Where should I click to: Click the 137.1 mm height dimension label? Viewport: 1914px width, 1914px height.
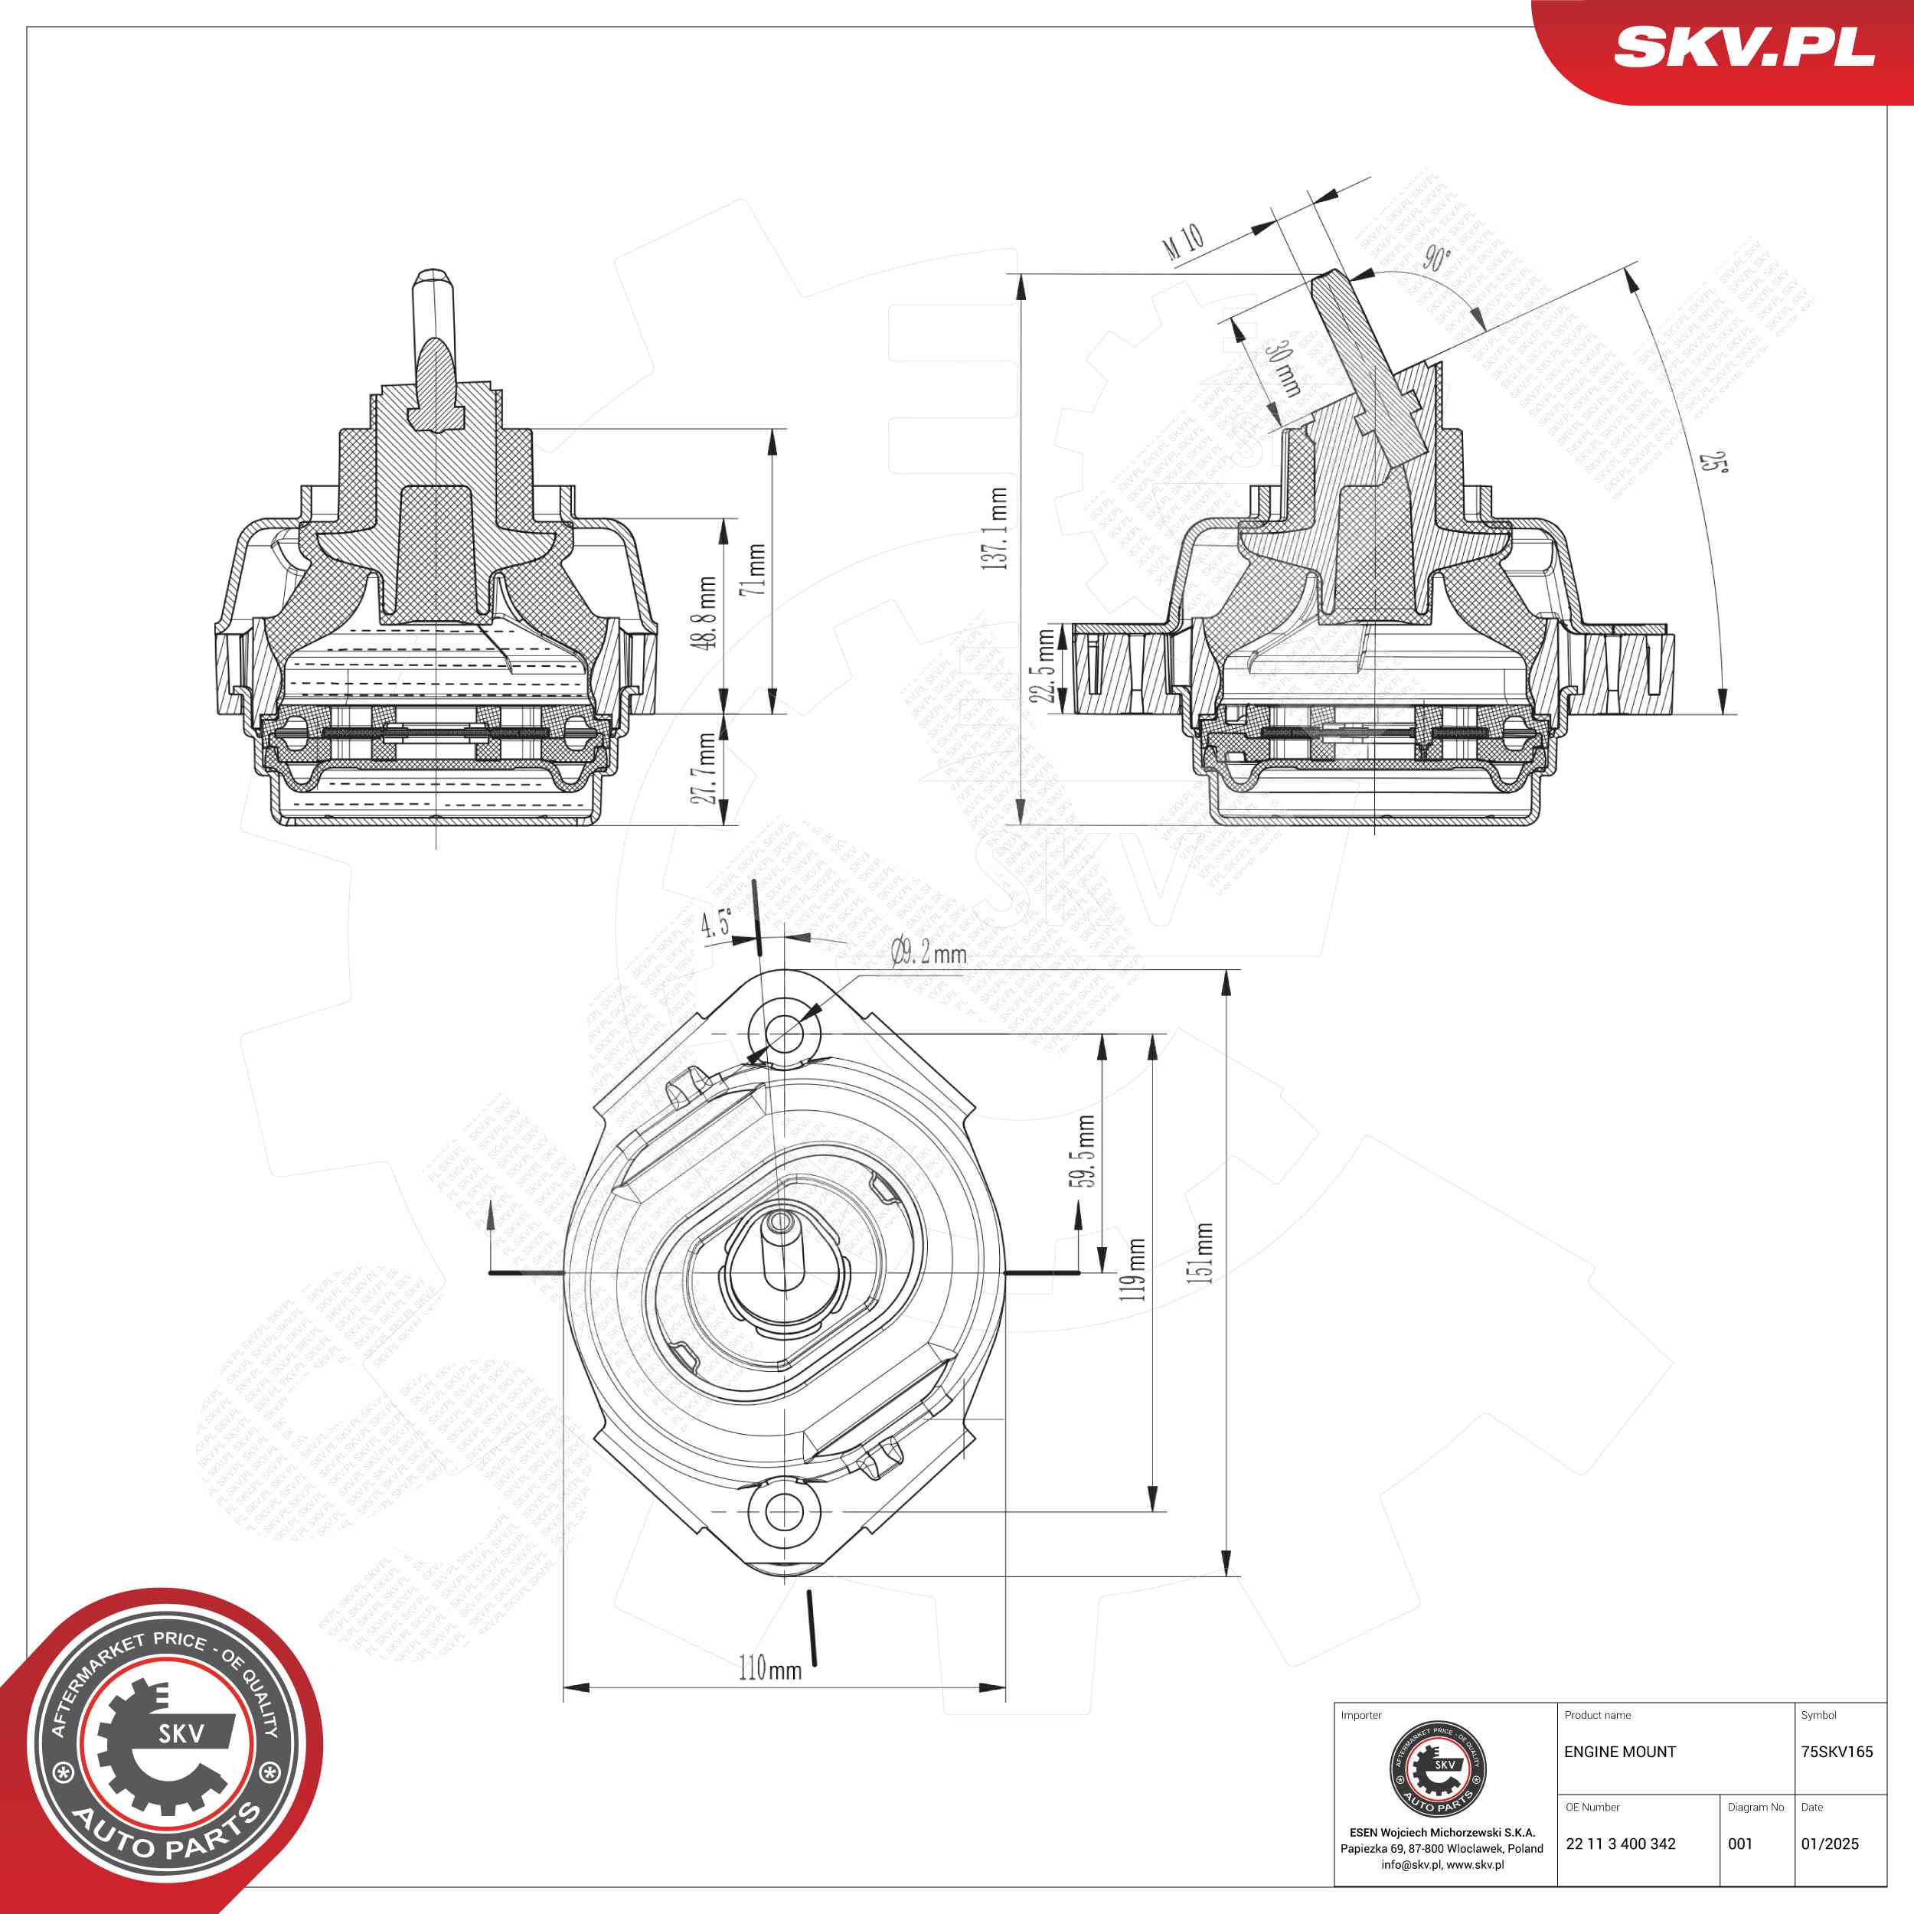[998, 528]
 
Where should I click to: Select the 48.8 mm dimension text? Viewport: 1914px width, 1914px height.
[707, 613]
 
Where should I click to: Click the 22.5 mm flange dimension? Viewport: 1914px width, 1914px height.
[1044, 666]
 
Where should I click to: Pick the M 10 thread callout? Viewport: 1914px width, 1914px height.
[1184, 243]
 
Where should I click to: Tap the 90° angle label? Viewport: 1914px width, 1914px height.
[1436, 259]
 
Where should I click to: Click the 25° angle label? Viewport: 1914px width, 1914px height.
[1712, 462]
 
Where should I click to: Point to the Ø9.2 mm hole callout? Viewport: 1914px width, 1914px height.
[928, 954]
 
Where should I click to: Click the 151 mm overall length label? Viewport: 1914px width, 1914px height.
[1203, 1253]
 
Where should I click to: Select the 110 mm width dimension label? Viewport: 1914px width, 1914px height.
[769, 1669]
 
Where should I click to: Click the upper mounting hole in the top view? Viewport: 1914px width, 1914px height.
[785, 1034]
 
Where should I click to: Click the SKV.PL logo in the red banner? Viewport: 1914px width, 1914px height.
[1743, 47]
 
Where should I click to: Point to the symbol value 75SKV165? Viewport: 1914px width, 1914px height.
[1837, 1752]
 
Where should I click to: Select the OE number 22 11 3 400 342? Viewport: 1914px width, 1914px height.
[1621, 1844]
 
